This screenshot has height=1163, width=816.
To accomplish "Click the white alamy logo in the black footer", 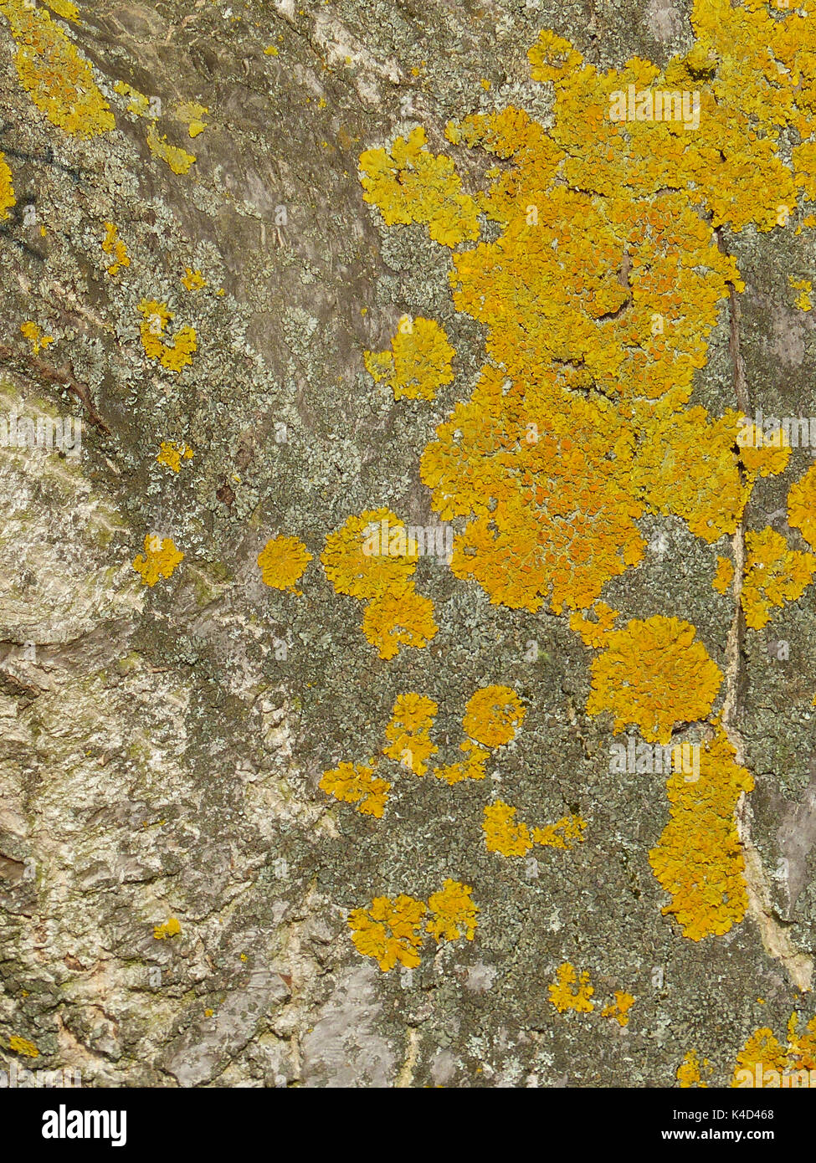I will pyautogui.click(x=84, y=1125).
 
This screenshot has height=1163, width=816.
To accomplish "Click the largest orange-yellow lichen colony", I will pyautogui.click(x=586, y=335).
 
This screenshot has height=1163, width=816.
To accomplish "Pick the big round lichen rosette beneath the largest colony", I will pyautogui.click(x=654, y=676).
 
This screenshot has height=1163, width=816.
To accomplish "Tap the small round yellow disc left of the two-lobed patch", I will pyautogui.click(x=284, y=562).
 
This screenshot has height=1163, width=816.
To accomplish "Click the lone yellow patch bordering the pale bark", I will pyautogui.click(x=157, y=559).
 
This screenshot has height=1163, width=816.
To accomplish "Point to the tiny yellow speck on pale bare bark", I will pyautogui.click(x=167, y=928).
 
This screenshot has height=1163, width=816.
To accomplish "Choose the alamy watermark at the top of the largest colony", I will pyautogui.click(x=654, y=107).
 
